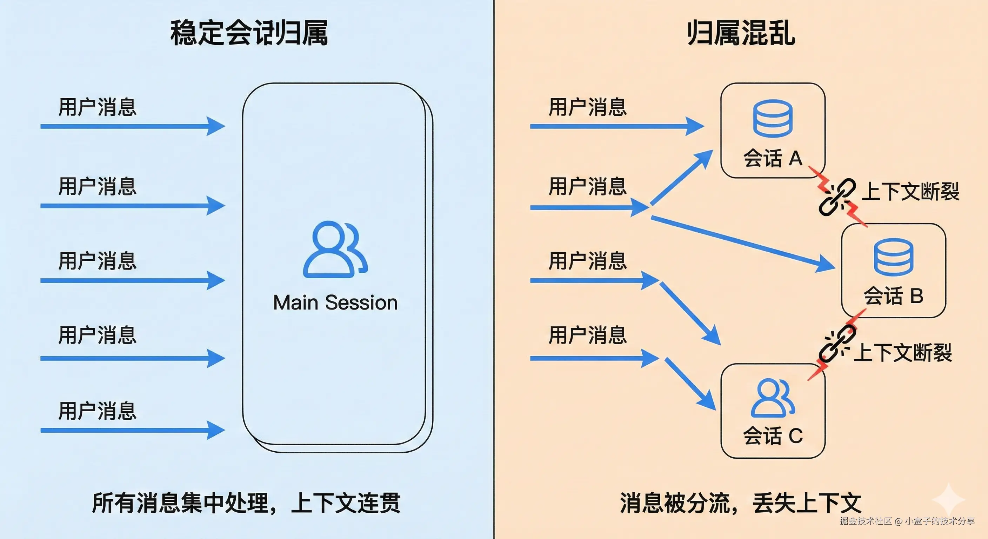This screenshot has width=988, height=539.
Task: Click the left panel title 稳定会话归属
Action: [249, 33]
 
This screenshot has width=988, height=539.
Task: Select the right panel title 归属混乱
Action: [741, 33]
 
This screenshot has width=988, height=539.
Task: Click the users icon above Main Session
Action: [335, 249]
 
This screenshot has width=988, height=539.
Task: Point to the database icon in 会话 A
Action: [773, 118]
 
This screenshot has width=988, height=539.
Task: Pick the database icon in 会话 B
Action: [893, 257]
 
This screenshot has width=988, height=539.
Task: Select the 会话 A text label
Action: [773, 158]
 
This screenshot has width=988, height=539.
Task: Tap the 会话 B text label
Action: [893, 296]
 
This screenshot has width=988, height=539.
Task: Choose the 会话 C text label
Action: [773, 436]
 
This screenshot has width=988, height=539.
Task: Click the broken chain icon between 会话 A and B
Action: [837, 197]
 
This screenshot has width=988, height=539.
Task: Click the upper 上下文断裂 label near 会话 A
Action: [910, 192]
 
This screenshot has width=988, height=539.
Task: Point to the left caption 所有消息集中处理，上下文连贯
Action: [246, 503]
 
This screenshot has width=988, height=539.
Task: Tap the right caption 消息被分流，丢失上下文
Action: [741, 503]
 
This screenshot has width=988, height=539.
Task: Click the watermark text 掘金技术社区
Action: [865, 521]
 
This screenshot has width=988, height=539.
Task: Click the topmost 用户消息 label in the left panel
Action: [98, 107]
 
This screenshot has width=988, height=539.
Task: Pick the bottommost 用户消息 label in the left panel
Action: [98, 411]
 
